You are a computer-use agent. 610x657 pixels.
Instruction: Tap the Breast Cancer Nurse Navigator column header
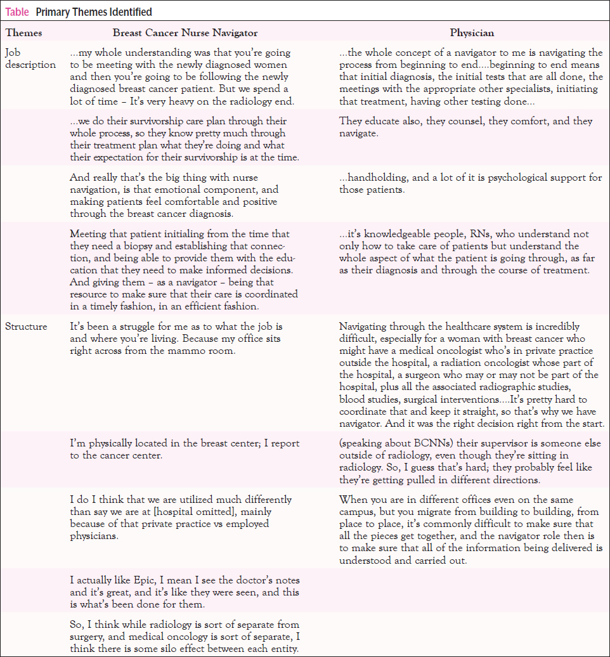(185, 33)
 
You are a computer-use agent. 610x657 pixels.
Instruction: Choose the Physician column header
(471, 33)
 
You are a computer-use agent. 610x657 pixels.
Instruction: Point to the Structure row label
(26, 327)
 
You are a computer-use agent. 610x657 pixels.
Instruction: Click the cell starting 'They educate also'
(465, 127)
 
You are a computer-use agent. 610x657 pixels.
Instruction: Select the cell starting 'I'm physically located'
(185, 449)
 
